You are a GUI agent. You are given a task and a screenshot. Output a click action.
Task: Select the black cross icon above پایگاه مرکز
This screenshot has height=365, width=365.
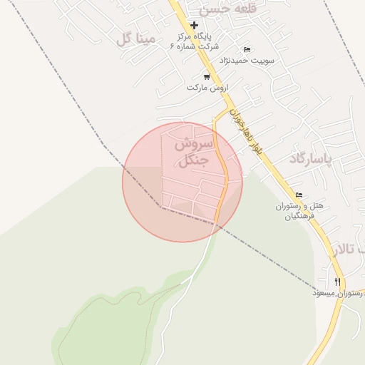pos(193,25)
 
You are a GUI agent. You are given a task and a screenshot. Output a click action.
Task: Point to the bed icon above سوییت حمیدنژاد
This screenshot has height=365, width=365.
pos(247,49)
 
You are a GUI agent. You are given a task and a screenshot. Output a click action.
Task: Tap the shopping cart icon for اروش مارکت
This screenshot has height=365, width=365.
pos(207,76)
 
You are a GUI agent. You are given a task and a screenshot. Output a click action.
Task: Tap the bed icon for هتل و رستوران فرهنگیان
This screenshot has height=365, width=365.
pos(299,195)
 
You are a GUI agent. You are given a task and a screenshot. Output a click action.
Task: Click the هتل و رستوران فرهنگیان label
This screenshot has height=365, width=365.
pos(299,210)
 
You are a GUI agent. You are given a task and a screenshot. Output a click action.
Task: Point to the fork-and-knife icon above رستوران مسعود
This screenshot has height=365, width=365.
pos(337,282)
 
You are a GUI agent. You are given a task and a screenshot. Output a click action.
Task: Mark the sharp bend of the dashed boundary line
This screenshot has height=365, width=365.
pos(160,207)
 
